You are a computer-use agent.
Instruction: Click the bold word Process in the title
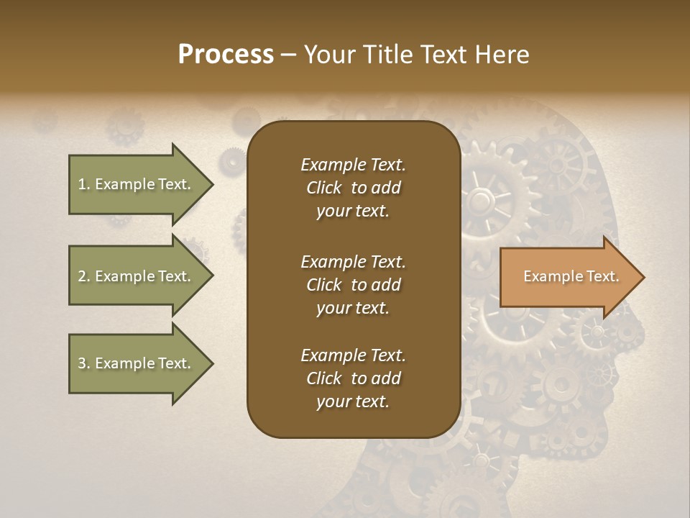point(226,55)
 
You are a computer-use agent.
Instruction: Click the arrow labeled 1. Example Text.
point(137,184)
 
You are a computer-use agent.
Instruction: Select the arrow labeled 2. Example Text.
point(137,276)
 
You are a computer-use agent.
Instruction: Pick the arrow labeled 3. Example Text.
point(137,363)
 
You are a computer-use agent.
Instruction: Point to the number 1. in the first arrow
point(84,184)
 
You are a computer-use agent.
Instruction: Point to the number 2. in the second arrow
point(84,276)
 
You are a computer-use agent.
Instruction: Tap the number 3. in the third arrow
point(84,363)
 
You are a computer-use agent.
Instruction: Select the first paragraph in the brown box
point(353,188)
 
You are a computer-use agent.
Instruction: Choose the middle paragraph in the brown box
point(353,284)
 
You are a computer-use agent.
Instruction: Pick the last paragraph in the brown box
point(353,378)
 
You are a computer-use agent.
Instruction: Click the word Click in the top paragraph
point(324,188)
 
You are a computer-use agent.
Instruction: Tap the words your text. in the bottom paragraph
point(353,401)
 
